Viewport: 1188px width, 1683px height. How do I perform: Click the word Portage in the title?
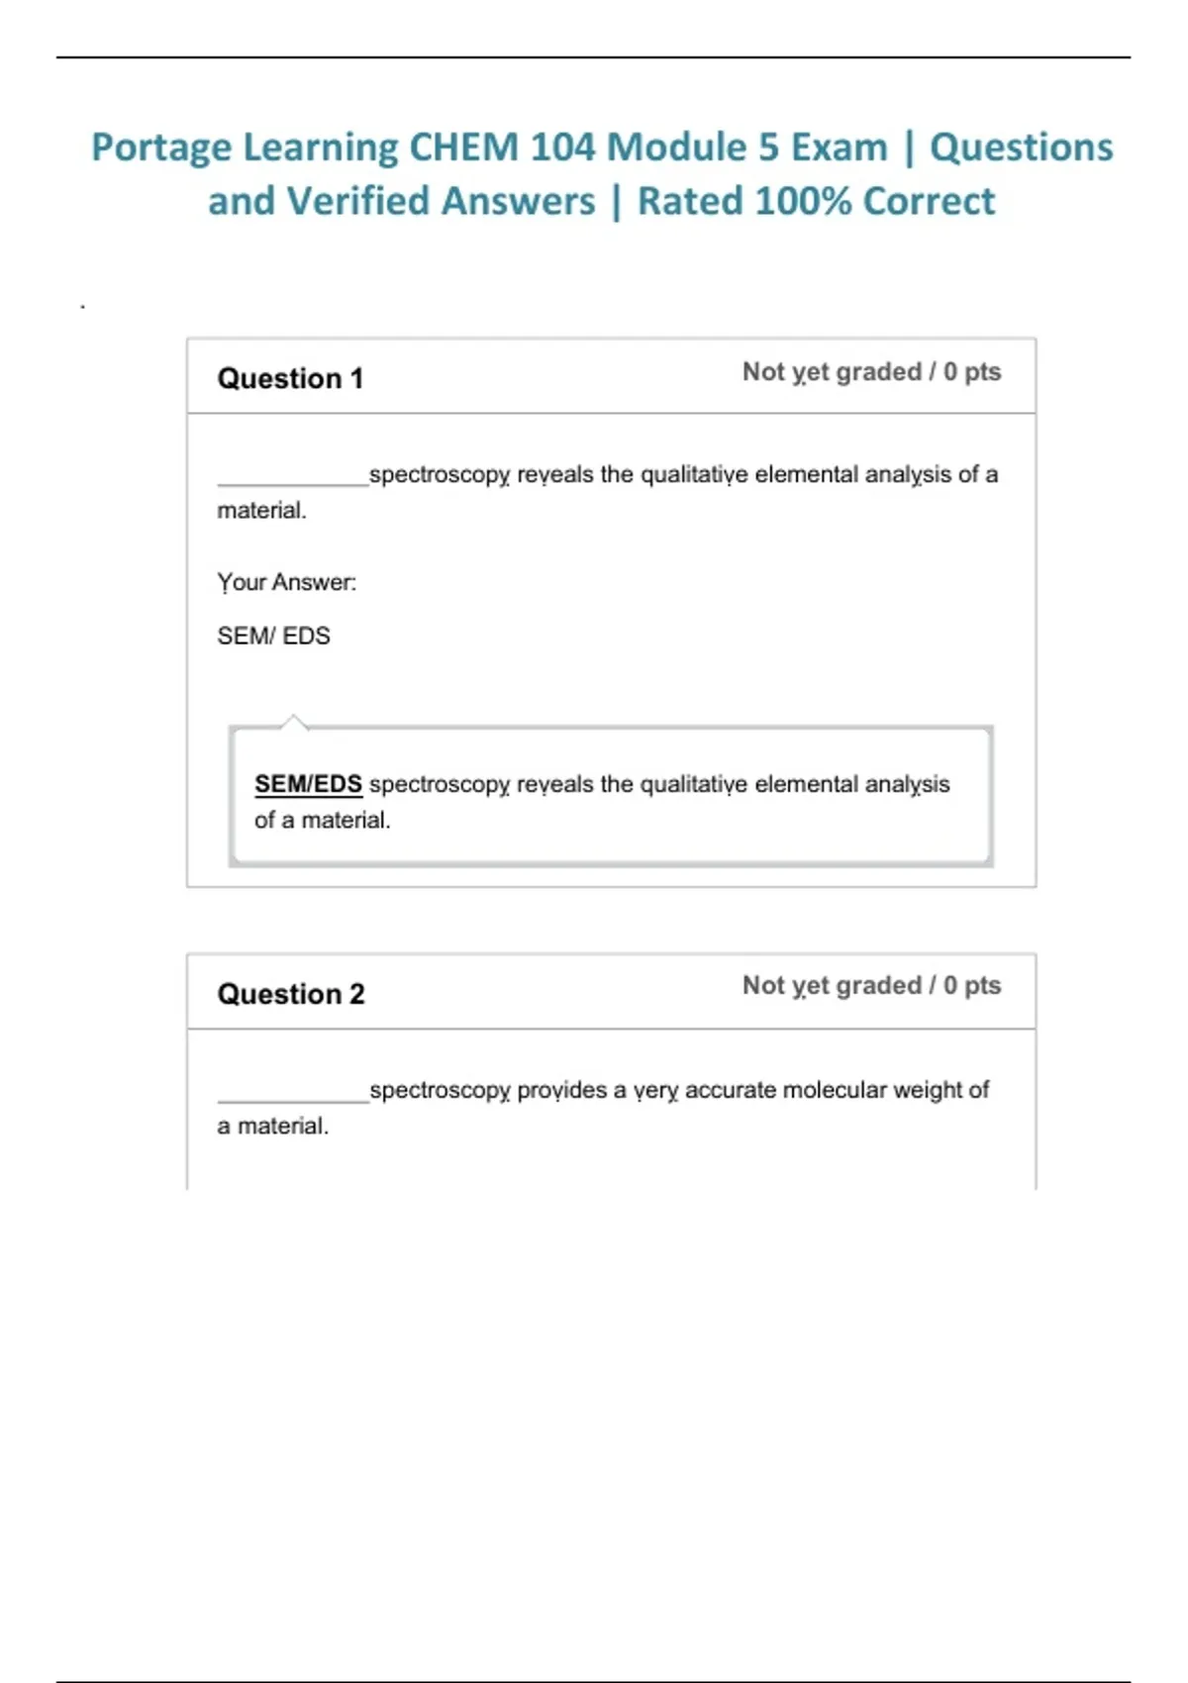[161, 148]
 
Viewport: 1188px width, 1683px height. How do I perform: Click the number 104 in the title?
[561, 148]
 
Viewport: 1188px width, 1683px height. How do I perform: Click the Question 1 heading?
[290, 378]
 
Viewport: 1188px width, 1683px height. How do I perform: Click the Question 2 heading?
[291, 994]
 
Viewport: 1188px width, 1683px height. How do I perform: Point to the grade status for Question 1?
[871, 372]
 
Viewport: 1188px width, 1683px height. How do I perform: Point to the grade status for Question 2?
[871, 986]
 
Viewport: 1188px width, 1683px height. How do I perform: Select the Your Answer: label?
[286, 582]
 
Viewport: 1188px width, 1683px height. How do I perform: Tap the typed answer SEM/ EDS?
[273, 636]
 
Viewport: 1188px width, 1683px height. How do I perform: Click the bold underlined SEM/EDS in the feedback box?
[308, 784]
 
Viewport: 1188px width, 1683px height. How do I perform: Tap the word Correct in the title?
[929, 201]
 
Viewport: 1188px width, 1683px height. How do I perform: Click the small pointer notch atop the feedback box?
[293, 721]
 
